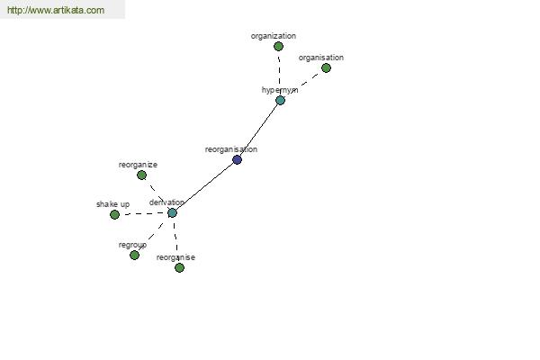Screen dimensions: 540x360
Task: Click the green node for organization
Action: [x=278, y=46]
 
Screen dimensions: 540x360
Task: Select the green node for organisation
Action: [x=326, y=67]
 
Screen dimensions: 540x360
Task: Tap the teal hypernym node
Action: [x=280, y=100]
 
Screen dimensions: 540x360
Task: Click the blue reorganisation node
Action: [x=237, y=159]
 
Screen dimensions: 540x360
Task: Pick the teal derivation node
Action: [x=172, y=213]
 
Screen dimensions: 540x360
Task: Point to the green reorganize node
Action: [x=141, y=175]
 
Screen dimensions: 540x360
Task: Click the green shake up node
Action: [x=114, y=214]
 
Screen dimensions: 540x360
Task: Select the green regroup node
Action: [x=134, y=255]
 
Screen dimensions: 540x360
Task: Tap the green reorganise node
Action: [x=179, y=267]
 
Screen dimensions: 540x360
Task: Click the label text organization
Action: [x=273, y=36]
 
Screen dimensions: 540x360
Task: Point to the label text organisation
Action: [x=321, y=58]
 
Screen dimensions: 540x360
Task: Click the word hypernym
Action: [x=280, y=90]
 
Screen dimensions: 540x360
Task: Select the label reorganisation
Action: [x=231, y=149]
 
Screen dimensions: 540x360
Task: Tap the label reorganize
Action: [x=138, y=165]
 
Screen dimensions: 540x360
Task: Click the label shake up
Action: [x=113, y=204]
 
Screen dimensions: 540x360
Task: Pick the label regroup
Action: [x=132, y=245]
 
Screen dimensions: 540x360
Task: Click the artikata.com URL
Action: [x=56, y=10]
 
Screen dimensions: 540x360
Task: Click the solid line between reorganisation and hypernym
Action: [x=258, y=130]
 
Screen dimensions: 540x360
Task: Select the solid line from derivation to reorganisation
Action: [x=204, y=186]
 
